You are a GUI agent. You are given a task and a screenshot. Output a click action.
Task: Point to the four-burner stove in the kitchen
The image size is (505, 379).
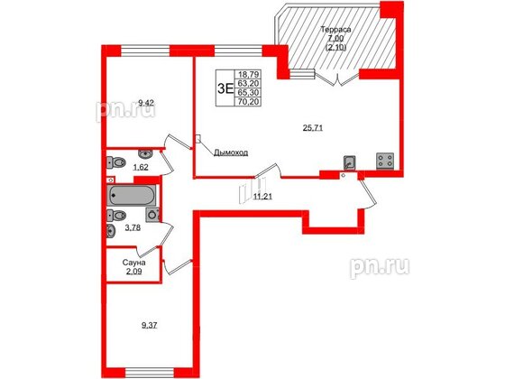click(384, 162)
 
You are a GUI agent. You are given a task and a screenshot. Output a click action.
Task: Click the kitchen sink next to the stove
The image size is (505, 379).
click(350, 163)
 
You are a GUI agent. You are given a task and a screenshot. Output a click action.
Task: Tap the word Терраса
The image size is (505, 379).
click(335, 29)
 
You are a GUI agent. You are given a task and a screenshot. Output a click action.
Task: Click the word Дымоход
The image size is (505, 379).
click(231, 153)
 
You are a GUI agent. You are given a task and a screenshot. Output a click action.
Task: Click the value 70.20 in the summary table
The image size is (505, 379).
click(247, 102)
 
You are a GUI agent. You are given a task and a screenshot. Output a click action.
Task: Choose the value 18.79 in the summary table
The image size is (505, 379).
click(247, 75)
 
